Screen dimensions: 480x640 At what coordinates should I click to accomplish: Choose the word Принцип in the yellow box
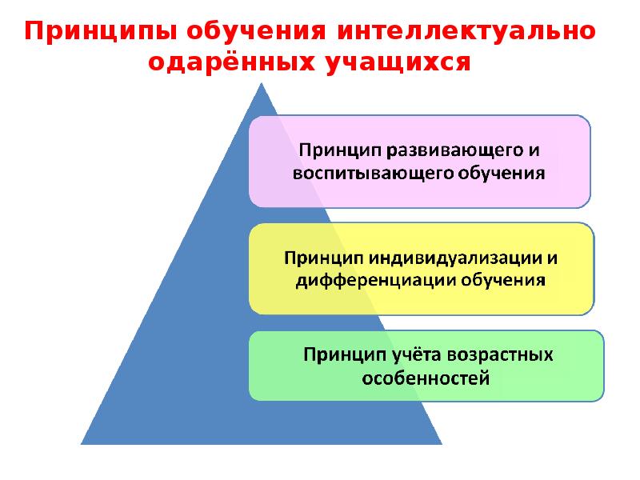tap(318, 258)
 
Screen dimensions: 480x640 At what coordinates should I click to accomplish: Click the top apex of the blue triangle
tap(262, 85)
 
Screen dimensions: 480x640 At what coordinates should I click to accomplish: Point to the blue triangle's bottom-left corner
tap(82, 443)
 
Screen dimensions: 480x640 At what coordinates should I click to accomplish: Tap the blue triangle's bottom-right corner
tap(441, 443)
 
